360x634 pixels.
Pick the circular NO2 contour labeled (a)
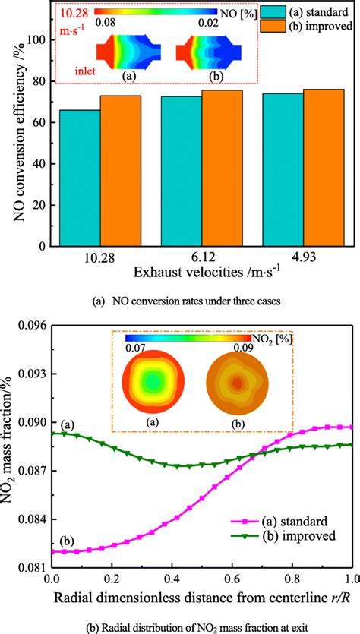(153, 383)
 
